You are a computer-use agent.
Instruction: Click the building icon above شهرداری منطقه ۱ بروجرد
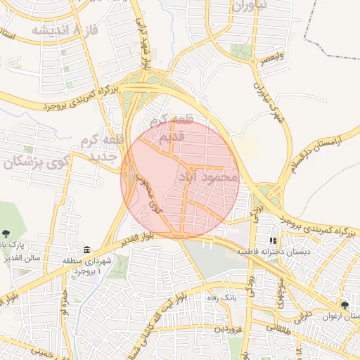(x=86, y=250)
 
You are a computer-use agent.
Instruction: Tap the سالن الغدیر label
(x=42, y=258)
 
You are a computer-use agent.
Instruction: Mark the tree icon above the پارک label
(x=6, y=233)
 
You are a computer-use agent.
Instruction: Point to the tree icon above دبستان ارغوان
(x=345, y=305)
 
